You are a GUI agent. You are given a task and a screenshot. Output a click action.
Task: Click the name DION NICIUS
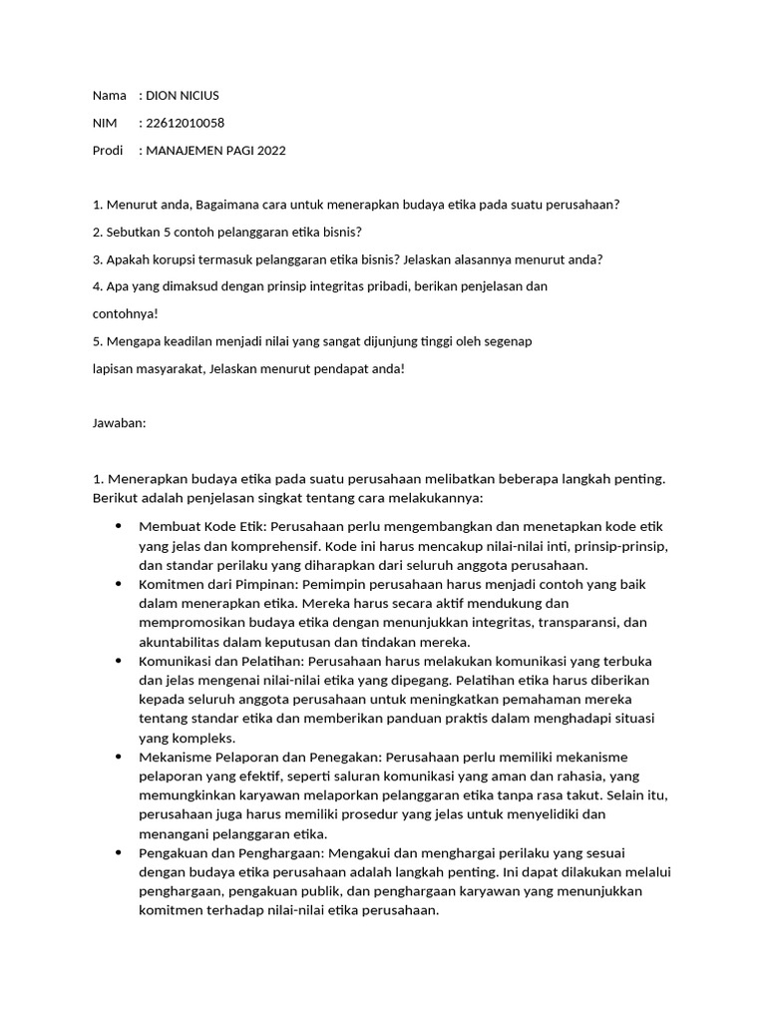pos(182,96)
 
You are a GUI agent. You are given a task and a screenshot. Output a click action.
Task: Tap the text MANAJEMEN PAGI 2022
pos(214,151)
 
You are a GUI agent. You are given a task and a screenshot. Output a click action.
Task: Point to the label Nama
pos(109,96)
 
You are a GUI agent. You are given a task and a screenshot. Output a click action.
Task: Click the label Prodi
pos(108,151)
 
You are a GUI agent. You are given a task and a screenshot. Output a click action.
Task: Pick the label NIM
pos(105,123)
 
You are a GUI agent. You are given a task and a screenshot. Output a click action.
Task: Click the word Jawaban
pos(119,423)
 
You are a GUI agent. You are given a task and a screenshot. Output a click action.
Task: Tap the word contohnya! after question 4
pos(125,313)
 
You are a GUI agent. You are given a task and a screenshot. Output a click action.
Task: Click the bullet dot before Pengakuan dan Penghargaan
pos(120,853)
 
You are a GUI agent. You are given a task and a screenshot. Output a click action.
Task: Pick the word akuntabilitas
pos(182,642)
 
